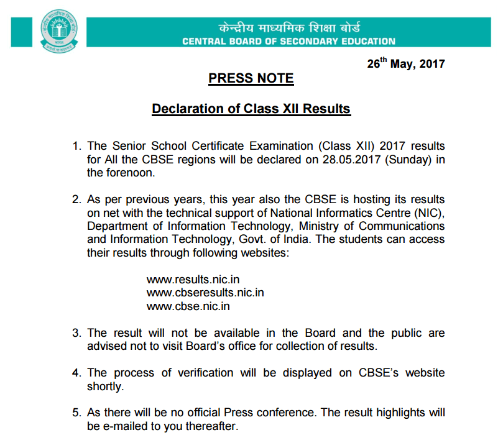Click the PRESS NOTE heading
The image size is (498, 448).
pos(251,78)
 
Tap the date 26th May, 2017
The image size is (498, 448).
pos(407,63)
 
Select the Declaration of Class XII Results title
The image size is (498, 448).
pos(251,109)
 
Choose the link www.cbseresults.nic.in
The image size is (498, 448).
pos(205,293)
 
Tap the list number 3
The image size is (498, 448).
pos(77,333)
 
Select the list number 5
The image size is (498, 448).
pos(77,413)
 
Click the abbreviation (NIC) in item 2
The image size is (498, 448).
pos(431,213)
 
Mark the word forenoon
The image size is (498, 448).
pos(127,172)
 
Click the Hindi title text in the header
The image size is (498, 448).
pos(289,28)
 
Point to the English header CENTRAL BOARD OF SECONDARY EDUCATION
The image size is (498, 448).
pos(288,42)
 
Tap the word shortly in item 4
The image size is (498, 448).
pos(106,386)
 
